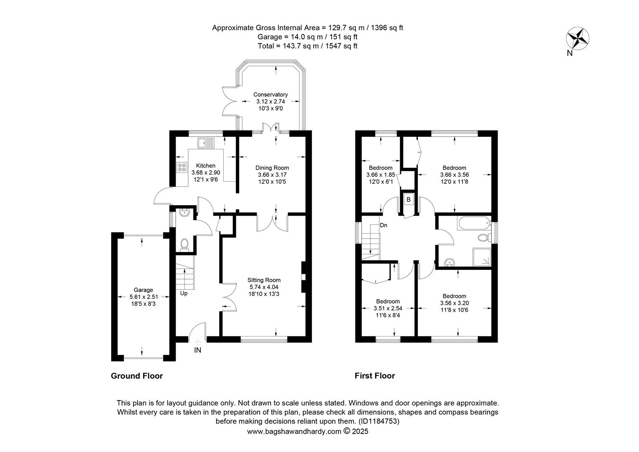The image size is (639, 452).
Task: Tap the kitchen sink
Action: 206,143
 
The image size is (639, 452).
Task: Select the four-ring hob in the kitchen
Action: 182,167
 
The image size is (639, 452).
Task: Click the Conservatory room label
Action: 271,95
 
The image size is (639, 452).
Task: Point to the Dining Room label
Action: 272,168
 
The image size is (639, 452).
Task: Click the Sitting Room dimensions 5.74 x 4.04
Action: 264,287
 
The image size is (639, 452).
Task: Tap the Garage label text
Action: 143,290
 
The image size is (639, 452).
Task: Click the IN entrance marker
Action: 198,350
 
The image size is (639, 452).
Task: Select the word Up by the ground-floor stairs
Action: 184,293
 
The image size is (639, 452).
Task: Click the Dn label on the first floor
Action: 383,225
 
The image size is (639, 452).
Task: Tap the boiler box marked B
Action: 409,200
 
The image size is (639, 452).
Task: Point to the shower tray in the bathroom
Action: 482,257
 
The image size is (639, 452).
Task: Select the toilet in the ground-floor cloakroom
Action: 184,245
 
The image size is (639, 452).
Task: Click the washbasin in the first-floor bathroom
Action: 450,262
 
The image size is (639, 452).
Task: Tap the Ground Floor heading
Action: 137,376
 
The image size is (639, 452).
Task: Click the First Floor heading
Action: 375,376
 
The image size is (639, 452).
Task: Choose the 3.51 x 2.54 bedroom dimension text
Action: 388,308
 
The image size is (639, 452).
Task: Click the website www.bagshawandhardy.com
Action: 294,431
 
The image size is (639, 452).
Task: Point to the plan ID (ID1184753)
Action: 379,421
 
